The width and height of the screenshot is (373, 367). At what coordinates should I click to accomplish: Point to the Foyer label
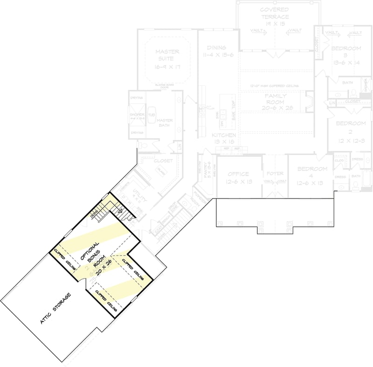tap(275, 173)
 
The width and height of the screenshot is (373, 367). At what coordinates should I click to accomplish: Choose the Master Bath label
tap(165, 123)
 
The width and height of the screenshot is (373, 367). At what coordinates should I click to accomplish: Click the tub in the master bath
tap(152, 115)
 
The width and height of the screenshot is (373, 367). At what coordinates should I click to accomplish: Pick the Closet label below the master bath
tap(163, 161)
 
